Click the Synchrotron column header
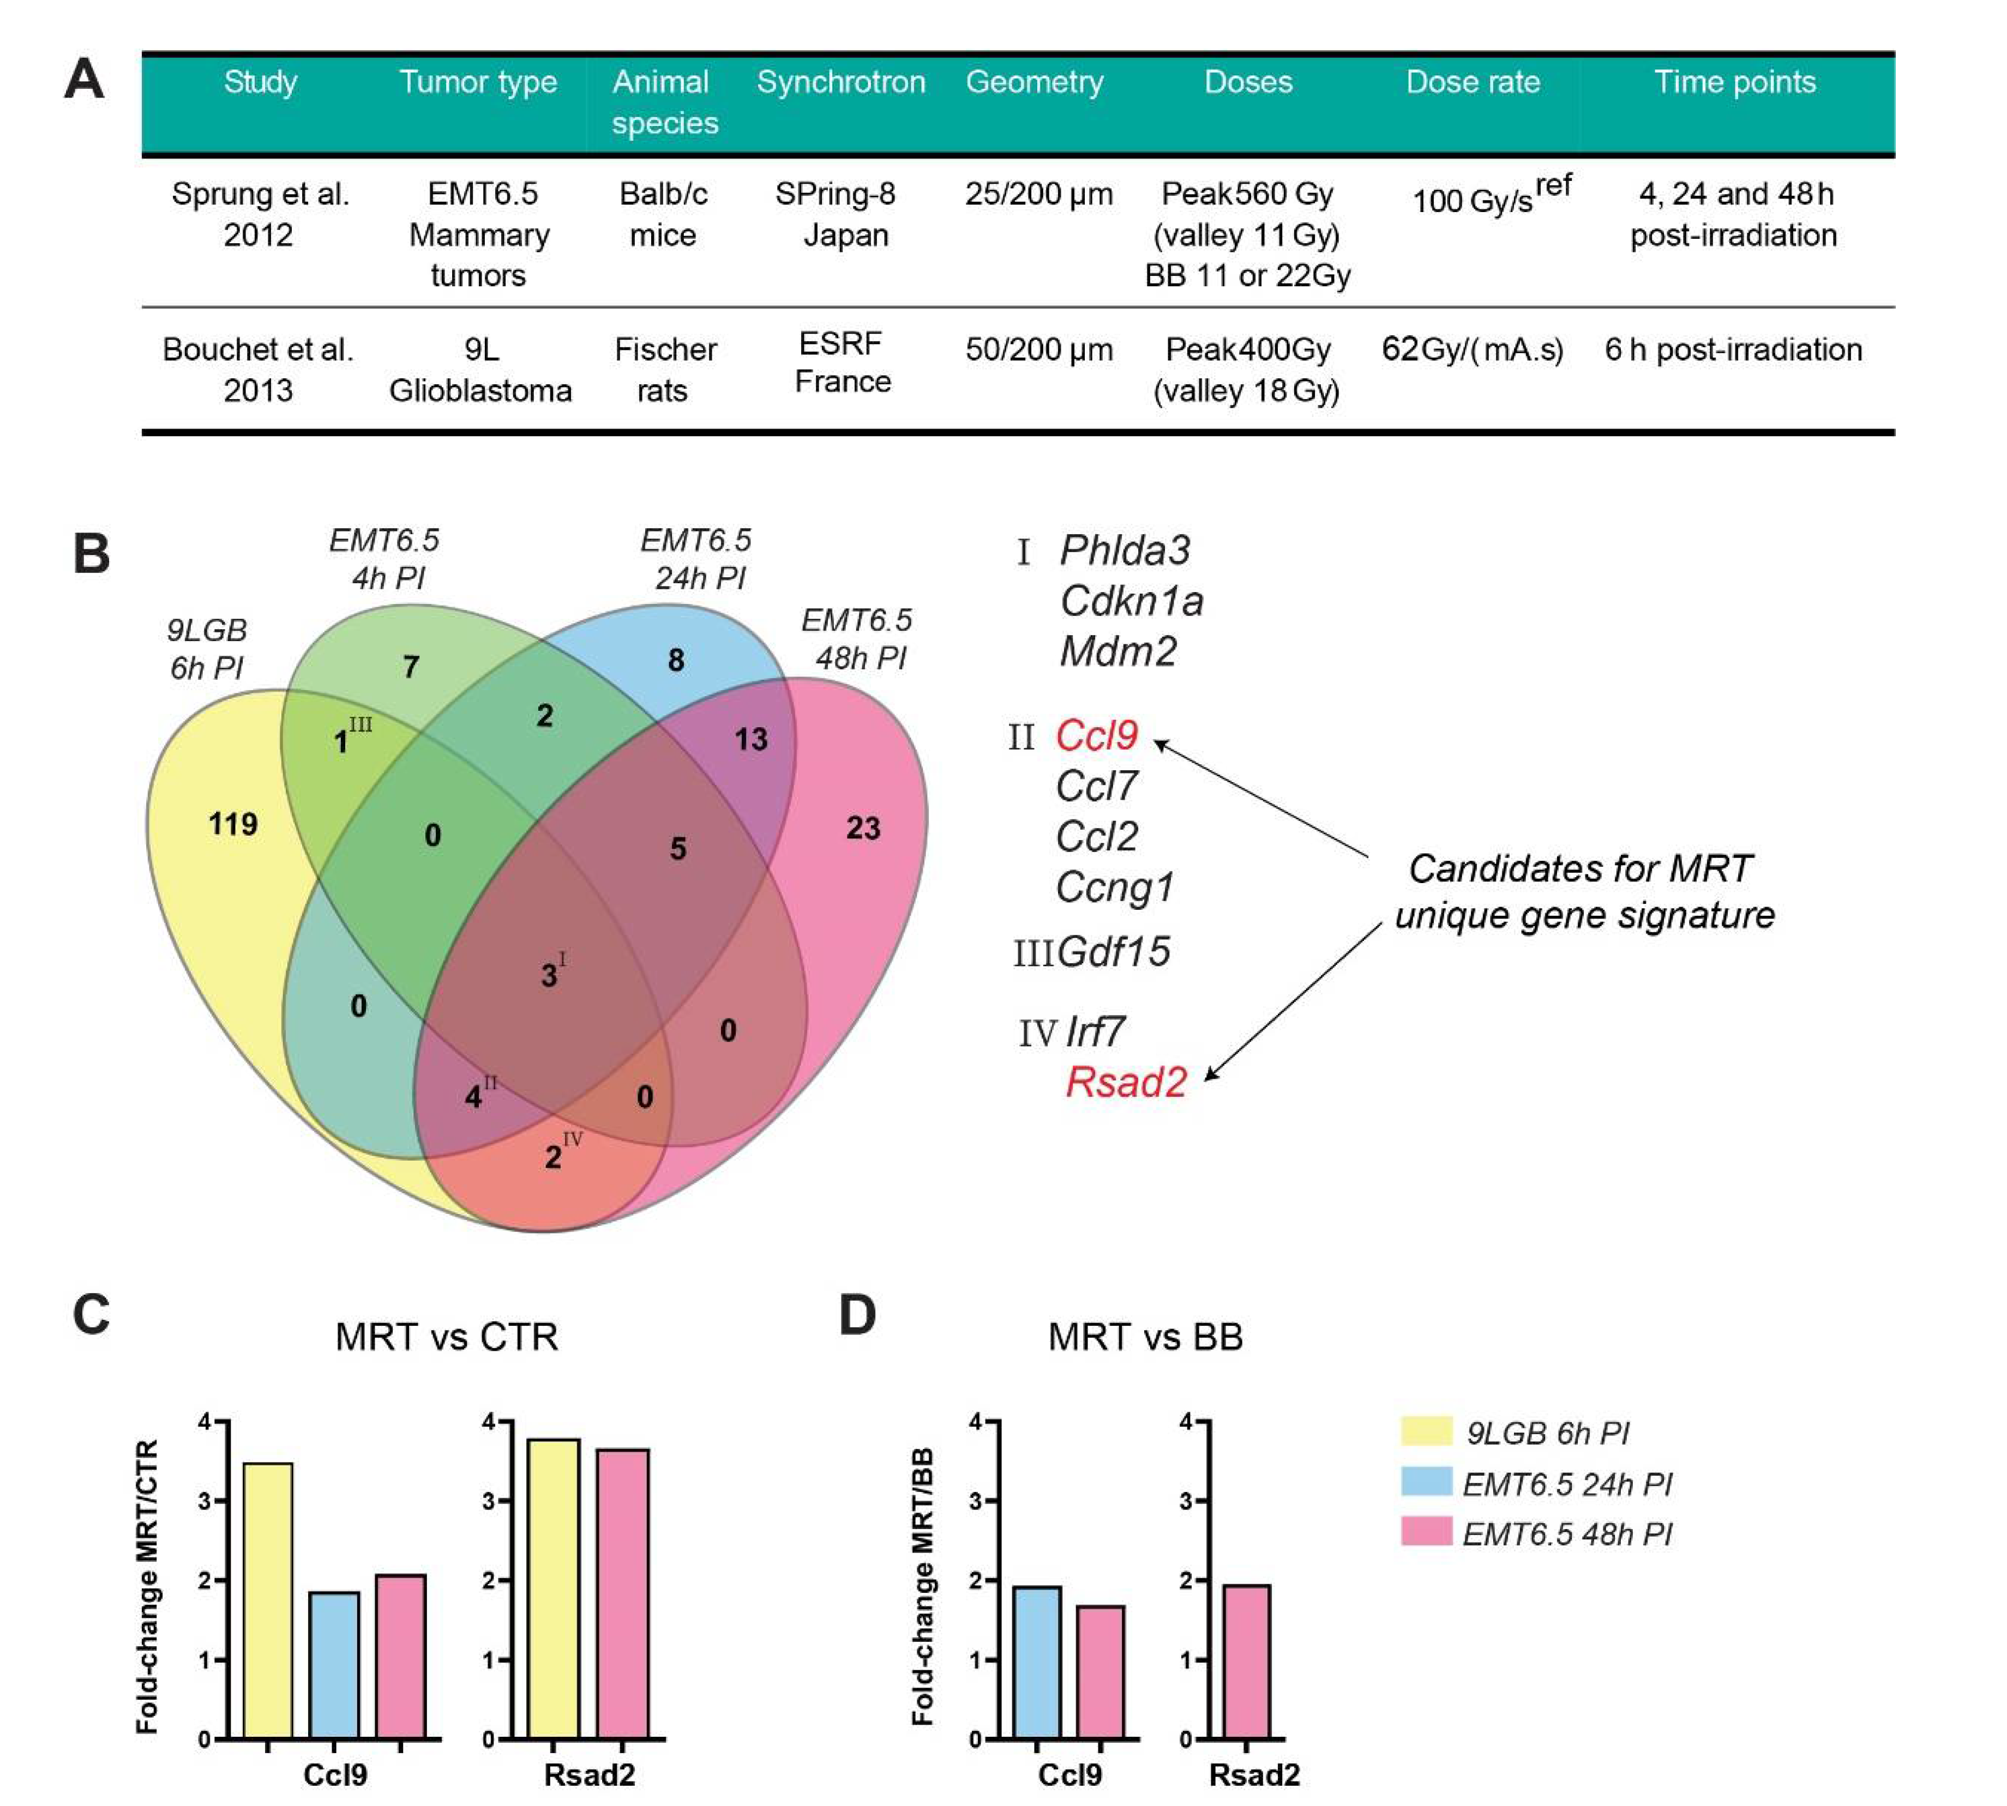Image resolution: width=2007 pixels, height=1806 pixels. [x=841, y=82]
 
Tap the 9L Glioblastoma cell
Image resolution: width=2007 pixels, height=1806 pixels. [x=480, y=369]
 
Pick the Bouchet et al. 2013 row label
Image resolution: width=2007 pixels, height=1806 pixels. [x=258, y=369]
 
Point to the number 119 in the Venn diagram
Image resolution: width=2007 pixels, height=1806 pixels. [x=233, y=824]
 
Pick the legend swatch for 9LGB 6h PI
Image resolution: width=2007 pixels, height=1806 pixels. [x=1426, y=1431]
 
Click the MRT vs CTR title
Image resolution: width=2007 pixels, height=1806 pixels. [x=447, y=1337]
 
